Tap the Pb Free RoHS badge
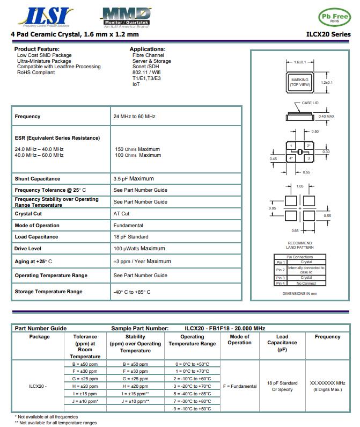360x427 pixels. tap(334, 17)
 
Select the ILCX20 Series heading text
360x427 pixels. tap(328, 34)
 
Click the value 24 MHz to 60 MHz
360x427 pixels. tap(134, 117)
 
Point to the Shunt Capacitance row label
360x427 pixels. tap(38, 179)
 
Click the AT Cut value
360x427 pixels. tap(121, 214)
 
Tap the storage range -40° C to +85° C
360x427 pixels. tap(132, 292)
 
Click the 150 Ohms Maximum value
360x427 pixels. tap(137, 149)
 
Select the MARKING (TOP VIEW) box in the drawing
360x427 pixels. tap(300, 82)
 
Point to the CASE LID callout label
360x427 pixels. tap(310, 103)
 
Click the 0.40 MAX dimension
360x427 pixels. tap(326, 116)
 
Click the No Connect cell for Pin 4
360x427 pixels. tap(306, 283)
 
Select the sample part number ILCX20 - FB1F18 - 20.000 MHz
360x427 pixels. tap(225, 328)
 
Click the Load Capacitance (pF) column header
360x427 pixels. tap(282, 343)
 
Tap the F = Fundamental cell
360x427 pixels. tap(239, 386)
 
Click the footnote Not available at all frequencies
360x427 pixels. tap(47, 417)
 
